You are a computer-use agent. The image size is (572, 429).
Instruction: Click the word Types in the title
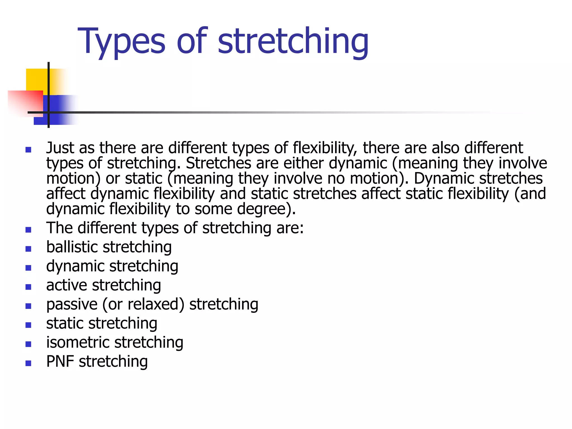coord(122,41)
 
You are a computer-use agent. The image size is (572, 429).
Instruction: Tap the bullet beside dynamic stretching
coord(28,268)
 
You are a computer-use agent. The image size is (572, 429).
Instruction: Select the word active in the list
coord(67,285)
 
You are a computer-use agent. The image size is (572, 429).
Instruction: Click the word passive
coord(72,304)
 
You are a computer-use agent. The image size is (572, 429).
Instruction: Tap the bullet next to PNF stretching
coord(28,363)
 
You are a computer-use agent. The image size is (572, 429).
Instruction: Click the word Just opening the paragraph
coord(60,148)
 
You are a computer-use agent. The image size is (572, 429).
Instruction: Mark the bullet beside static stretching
coord(28,325)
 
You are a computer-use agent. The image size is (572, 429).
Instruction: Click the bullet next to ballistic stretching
coord(28,249)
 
